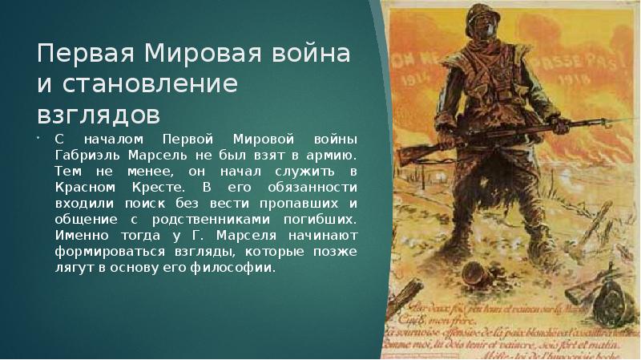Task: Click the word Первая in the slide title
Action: point(76,56)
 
